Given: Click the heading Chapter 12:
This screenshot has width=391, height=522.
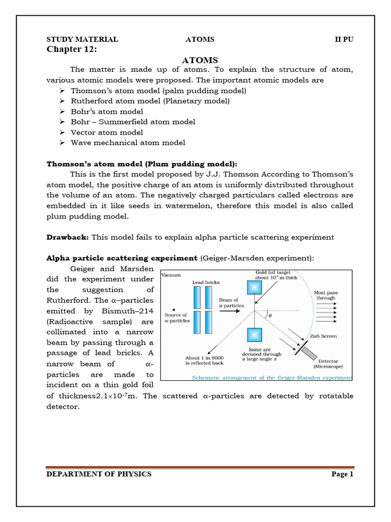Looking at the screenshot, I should pyautogui.click(x=71, y=49).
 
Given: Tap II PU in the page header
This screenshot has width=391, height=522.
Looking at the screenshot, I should pyautogui.click(x=344, y=39).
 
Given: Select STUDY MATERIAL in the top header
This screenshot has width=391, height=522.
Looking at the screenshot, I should pyautogui.click(x=82, y=39).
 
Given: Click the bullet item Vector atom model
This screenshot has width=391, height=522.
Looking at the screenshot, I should pyautogui.click(x=103, y=132).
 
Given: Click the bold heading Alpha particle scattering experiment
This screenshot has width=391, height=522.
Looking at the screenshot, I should pyautogui.click(x=122, y=258).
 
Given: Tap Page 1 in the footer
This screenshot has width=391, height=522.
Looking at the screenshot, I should pyautogui.click(x=342, y=474).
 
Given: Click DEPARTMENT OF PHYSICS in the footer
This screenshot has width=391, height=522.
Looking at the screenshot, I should pyautogui.click(x=99, y=474).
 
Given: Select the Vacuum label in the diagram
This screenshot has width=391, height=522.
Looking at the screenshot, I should pyautogui.click(x=172, y=275).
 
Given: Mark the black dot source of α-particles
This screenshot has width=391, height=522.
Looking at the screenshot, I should pyautogui.click(x=174, y=309).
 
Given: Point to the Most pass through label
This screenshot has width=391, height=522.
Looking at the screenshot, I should pyautogui.click(x=326, y=295).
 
